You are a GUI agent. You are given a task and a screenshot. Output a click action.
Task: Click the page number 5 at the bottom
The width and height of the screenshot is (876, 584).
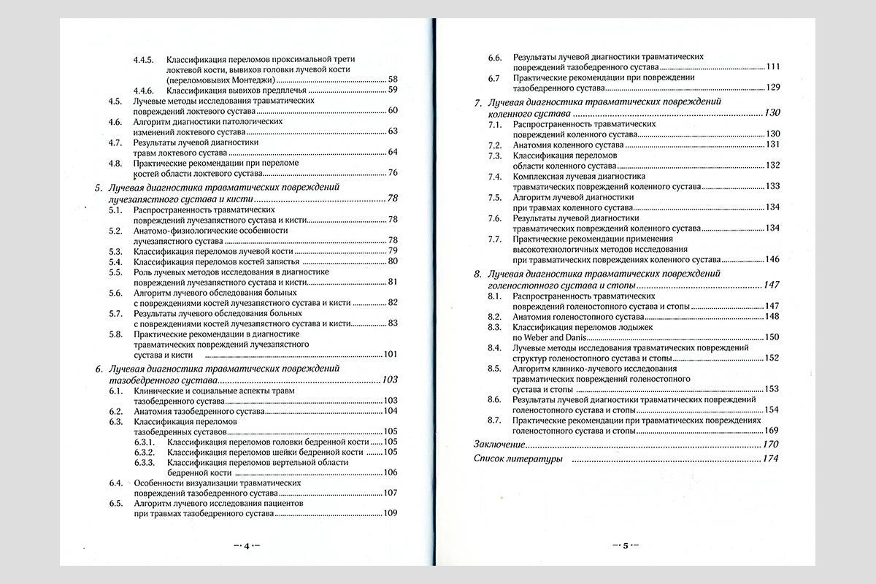click(x=625, y=545)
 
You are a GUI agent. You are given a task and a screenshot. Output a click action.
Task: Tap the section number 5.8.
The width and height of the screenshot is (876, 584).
click(x=115, y=334)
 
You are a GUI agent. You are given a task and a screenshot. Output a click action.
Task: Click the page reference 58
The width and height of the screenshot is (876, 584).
click(x=392, y=80)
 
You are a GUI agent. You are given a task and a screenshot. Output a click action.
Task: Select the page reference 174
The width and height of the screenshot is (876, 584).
click(x=770, y=459)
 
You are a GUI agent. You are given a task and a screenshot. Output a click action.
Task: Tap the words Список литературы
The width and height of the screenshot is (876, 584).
click(x=518, y=459)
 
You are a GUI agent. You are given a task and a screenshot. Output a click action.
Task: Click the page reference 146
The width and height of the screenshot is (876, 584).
click(x=772, y=259)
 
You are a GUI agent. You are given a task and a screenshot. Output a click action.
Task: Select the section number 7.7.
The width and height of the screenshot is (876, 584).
click(x=495, y=239)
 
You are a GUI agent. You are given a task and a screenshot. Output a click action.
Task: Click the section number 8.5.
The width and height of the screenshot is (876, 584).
click(x=495, y=369)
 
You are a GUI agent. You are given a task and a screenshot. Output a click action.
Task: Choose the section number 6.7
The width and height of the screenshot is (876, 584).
click(x=494, y=77)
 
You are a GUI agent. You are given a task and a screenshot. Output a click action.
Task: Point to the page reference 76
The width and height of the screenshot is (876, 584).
click(x=392, y=173)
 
